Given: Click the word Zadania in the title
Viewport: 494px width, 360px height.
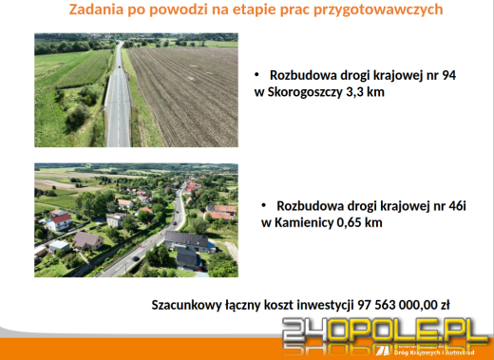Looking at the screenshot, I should pos(100,10).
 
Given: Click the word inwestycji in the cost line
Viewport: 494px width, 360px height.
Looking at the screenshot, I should pos(322,305).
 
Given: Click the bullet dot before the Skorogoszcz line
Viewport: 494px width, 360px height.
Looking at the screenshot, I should pos(257,74).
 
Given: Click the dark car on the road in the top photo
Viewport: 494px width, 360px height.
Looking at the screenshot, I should pos(117,66).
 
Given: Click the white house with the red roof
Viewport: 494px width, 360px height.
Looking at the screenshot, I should pos(61,220).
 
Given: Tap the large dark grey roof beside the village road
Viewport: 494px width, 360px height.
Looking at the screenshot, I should pos(187,240).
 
